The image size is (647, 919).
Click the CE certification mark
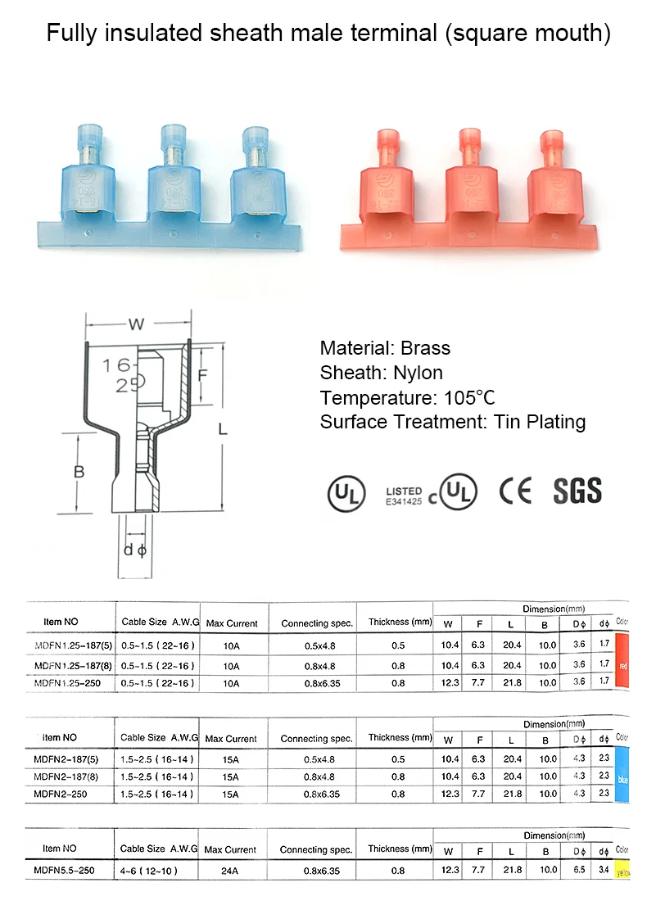pyautogui.click(x=515, y=491)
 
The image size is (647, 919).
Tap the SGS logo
pyautogui.click(x=577, y=491)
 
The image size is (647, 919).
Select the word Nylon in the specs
pyautogui.click(x=417, y=373)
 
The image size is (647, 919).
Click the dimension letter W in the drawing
pyautogui.click(x=136, y=324)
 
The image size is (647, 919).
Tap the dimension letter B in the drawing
pyautogui.click(x=79, y=472)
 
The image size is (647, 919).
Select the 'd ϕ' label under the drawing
pyautogui.click(x=133, y=550)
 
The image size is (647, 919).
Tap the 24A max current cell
pyautogui.click(x=230, y=871)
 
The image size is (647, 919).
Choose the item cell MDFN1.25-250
pyautogui.click(x=71, y=682)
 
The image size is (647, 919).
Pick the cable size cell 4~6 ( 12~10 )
pyautogui.click(x=149, y=871)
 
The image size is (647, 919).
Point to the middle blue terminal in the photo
pyautogui.click(x=173, y=180)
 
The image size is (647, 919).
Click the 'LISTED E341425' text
pyautogui.click(x=404, y=496)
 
